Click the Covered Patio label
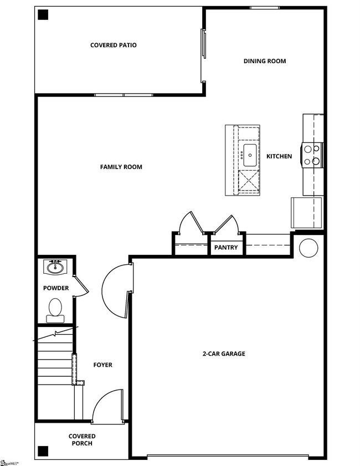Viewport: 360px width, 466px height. point(114,45)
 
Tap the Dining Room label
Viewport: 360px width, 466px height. point(265,61)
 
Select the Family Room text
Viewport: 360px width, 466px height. point(121,167)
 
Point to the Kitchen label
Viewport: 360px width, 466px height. point(279,156)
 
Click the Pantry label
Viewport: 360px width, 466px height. point(226,248)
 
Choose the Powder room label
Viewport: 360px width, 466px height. point(56,288)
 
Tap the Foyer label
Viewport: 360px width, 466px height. point(102,365)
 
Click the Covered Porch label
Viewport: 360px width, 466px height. point(82,440)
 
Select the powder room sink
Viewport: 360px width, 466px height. point(55,268)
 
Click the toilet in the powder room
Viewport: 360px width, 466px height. point(55,309)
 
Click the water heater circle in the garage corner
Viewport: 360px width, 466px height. point(308,248)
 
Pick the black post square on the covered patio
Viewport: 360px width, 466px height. point(43,16)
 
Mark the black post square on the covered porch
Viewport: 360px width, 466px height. point(43,449)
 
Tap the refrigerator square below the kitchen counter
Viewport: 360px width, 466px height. point(307,212)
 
